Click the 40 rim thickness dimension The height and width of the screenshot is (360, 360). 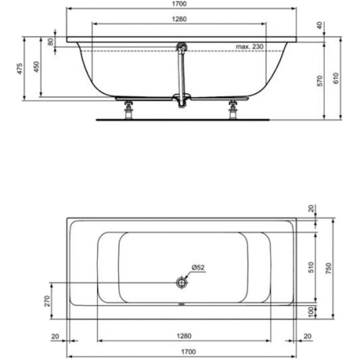[x=320, y=24]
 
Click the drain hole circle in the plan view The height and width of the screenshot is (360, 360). [x=180, y=284]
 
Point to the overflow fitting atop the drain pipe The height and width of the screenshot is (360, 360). [x=181, y=47]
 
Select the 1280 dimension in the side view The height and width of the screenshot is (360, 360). [x=180, y=19]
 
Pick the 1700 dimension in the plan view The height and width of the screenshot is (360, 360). [x=180, y=353]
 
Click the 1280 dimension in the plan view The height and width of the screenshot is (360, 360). [x=180, y=335]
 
